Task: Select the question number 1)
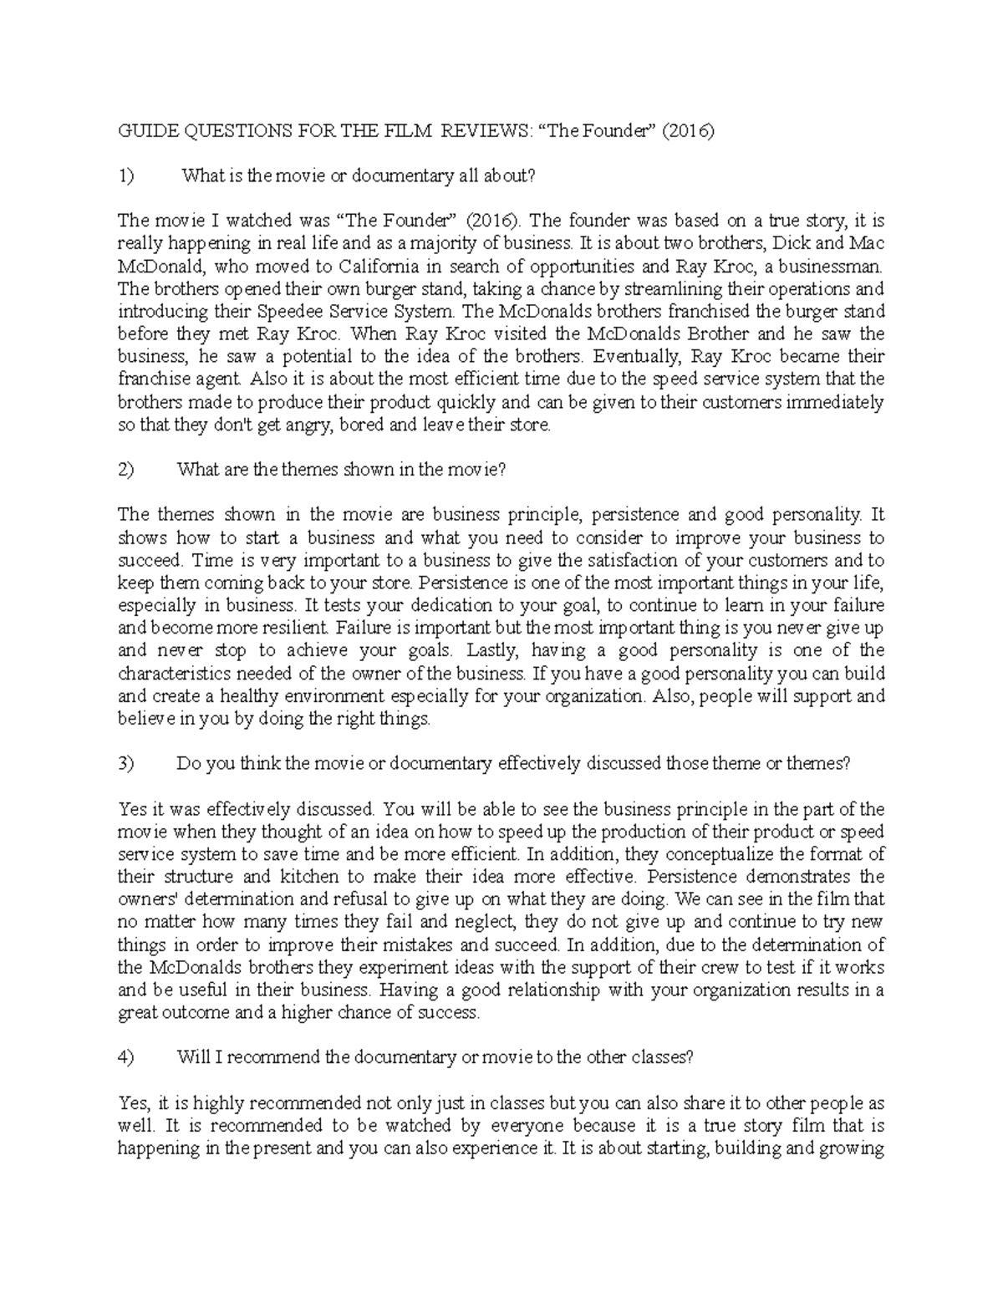pos(126,176)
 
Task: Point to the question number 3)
pos(126,763)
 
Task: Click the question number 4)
pos(126,1056)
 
